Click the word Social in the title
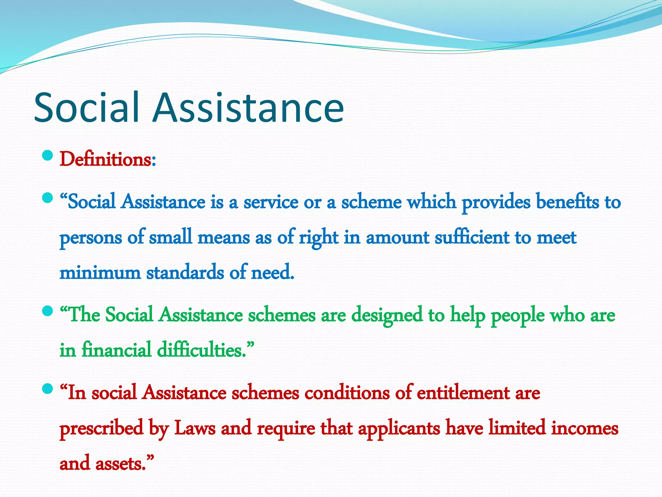coord(87,107)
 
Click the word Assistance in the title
coord(248,107)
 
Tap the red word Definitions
coord(105,160)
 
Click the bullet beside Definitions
coord(47,156)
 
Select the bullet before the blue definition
coord(47,198)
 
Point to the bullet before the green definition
coord(47,311)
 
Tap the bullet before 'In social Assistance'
coord(47,389)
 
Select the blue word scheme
coord(371,202)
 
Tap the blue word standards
coord(185,272)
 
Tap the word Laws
coord(195,428)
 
